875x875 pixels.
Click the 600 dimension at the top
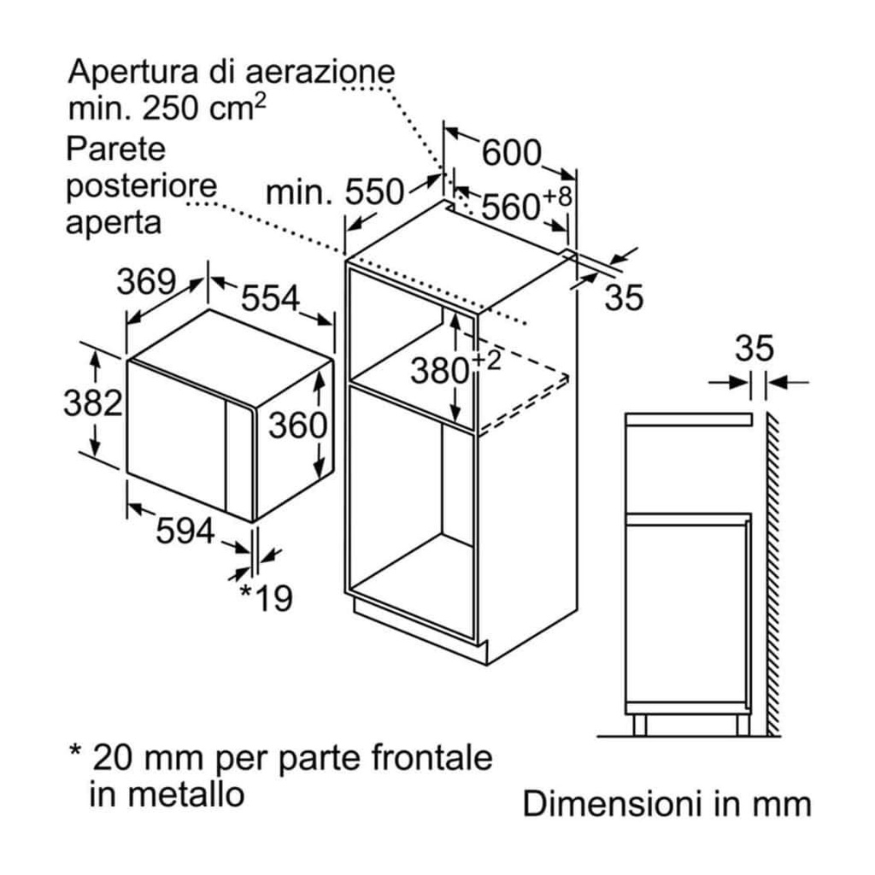(x=511, y=153)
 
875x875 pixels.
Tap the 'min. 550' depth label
(x=334, y=192)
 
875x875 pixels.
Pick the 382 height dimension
(x=92, y=402)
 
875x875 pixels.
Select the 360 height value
(x=298, y=425)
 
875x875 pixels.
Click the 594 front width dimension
(x=184, y=531)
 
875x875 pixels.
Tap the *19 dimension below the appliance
(x=265, y=598)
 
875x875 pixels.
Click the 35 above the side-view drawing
(x=754, y=349)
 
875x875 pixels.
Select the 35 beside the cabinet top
(x=624, y=297)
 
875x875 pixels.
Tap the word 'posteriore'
(x=142, y=186)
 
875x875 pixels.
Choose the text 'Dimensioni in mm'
(x=667, y=804)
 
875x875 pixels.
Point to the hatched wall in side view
(x=772, y=573)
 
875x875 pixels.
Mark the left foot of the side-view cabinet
(x=638, y=725)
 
